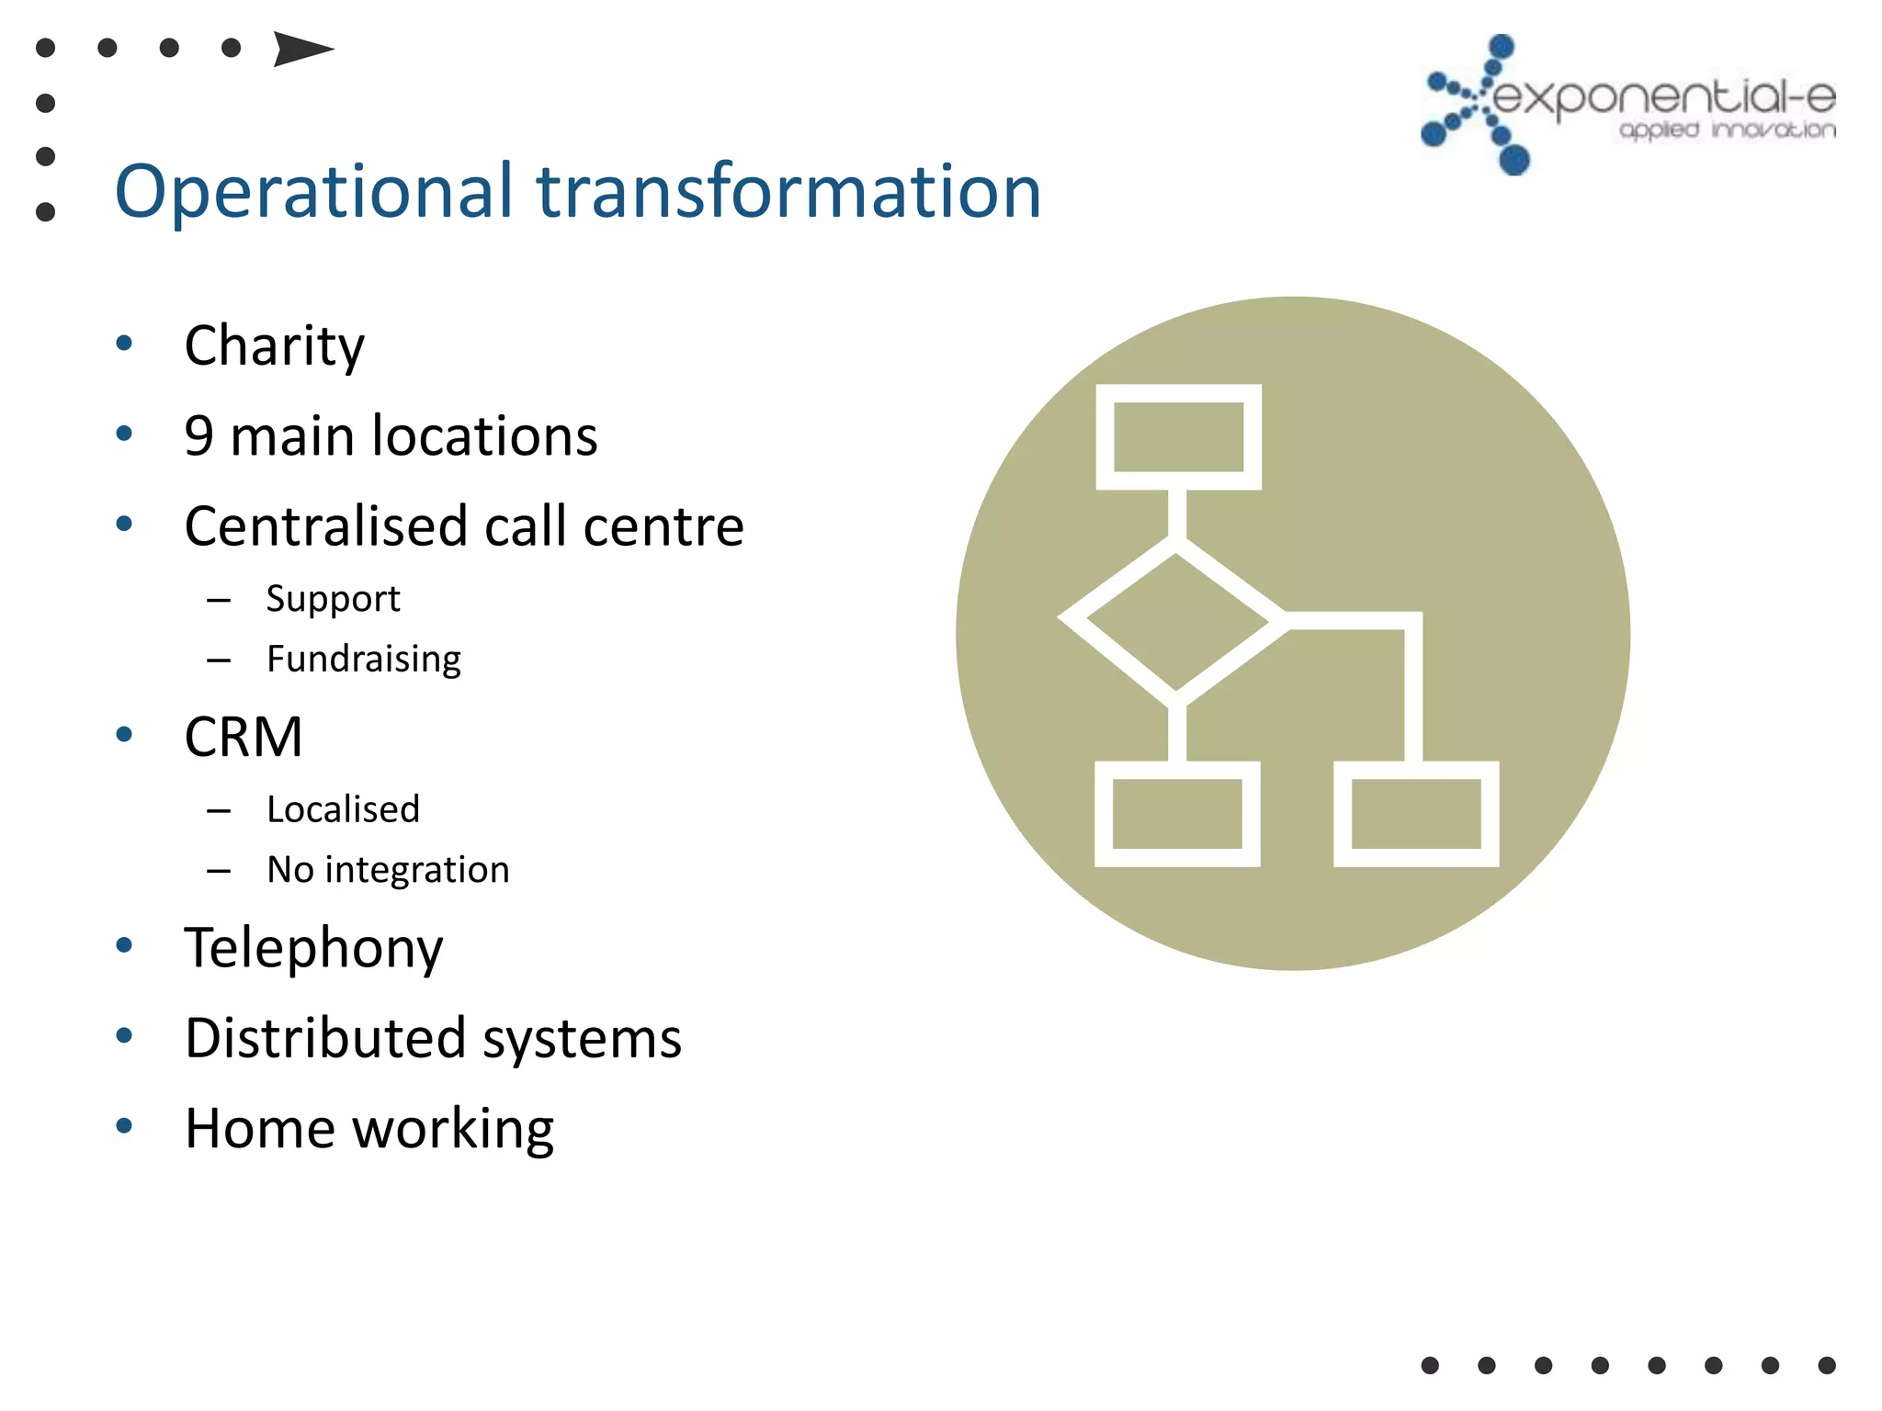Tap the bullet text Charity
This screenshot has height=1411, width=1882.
tap(274, 346)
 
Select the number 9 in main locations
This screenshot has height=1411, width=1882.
tap(198, 435)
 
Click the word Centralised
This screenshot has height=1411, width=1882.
tap(325, 525)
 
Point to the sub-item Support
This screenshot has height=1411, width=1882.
tap(333, 599)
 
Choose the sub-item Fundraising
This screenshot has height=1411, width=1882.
tap(363, 659)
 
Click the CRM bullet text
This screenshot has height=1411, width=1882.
tap(243, 737)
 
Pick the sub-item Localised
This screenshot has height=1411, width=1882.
tap(343, 809)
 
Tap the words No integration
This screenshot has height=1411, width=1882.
tap(387, 869)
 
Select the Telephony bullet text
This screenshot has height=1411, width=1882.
tap(313, 947)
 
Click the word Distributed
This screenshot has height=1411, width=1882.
tap(324, 1038)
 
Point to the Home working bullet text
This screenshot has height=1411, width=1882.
tap(368, 1128)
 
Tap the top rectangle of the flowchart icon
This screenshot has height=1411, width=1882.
tap(1178, 437)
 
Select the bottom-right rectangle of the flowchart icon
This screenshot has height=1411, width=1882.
tap(1416, 814)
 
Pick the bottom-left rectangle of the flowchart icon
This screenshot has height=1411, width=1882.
tap(1177, 814)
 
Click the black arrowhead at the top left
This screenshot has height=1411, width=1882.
tap(300, 49)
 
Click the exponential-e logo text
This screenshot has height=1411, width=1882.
tap(1663, 97)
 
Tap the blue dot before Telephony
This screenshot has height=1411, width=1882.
tap(125, 944)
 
